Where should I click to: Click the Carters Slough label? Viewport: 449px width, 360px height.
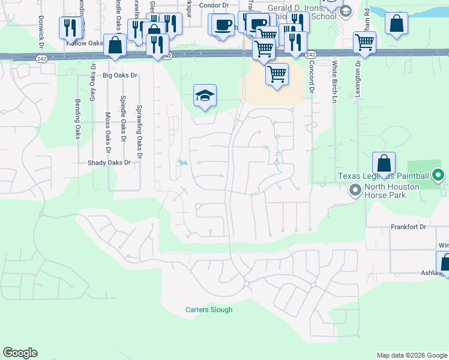pyautogui.click(x=208, y=310)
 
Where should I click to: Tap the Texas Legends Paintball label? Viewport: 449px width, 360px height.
pyautogui.click(x=383, y=176)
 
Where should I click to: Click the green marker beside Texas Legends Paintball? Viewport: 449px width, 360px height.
pyautogui.click(x=438, y=176)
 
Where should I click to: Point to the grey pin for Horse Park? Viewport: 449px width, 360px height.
pyautogui.click(x=355, y=190)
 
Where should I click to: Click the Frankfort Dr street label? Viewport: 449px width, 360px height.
pyautogui.click(x=408, y=227)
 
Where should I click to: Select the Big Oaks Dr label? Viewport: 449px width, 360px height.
pyautogui.click(x=121, y=76)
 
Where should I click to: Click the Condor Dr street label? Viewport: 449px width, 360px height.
pyautogui.click(x=211, y=5)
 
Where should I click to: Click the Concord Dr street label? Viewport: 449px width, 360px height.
pyautogui.click(x=312, y=77)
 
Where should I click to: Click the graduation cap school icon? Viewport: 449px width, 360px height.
pyautogui.click(x=205, y=95)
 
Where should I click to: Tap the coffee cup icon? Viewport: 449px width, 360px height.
pyautogui.click(x=223, y=25)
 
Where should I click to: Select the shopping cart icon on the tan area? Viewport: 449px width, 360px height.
pyautogui.click(x=277, y=74)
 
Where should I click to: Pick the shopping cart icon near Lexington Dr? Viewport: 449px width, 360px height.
pyautogui.click(x=364, y=42)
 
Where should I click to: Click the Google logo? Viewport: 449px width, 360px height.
pyautogui.click(x=20, y=353)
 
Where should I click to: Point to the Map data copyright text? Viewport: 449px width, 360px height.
pyautogui.click(x=412, y=355)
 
